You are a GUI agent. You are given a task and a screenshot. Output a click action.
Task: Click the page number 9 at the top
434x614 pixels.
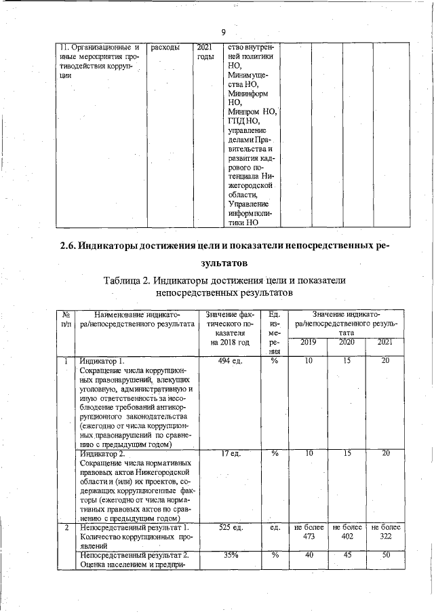click(222, 32)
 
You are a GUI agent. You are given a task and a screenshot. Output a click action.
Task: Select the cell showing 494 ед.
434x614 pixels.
click(231, 361)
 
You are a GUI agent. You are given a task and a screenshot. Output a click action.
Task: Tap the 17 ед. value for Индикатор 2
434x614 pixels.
click(231, 454)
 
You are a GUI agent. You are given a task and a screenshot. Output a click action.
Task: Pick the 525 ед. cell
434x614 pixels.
click(231, 527)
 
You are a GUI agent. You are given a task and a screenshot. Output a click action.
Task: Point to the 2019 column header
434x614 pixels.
click(308, 342)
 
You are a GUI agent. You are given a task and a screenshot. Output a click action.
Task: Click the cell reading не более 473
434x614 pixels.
click(308, 532)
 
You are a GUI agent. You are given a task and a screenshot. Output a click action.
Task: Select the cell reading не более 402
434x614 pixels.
click(346, 532)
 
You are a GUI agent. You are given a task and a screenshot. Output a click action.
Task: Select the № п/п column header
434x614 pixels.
click(66, 319)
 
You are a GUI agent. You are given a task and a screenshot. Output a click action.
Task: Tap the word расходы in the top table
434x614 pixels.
click(165, 47)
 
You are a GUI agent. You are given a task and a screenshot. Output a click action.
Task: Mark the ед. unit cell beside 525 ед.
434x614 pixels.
click(275, 527)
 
